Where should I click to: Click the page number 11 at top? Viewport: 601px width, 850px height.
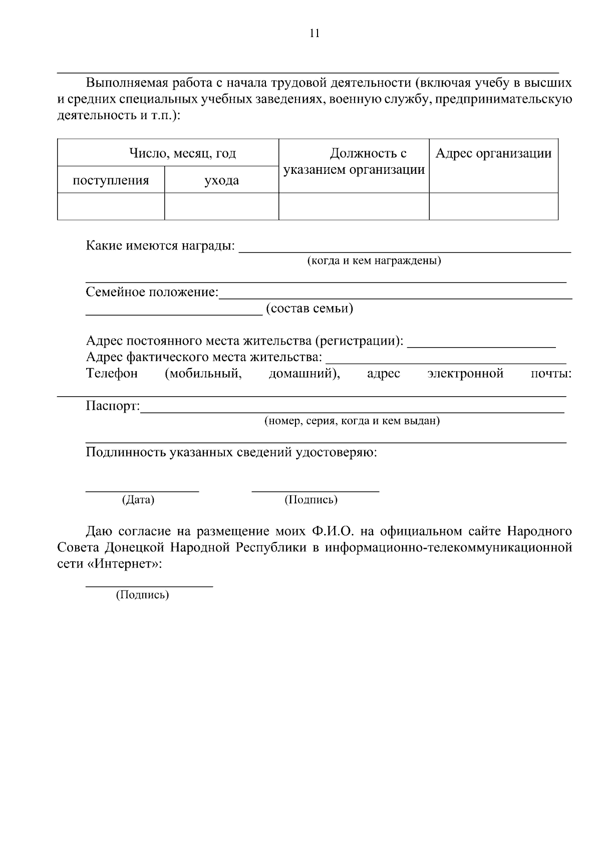(x=315, y=34)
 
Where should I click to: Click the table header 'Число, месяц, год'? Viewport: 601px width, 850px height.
(x=182, y=153)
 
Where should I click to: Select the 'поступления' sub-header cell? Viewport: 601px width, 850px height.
(x=111, y=180)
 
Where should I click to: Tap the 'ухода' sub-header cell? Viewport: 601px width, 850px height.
(x=221, y=180)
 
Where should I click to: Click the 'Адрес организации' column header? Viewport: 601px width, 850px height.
(x=493, y=153)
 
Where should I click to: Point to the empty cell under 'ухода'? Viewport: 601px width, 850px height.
(x=221, y=206)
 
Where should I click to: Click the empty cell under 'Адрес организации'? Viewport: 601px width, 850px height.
(x=493, y=206)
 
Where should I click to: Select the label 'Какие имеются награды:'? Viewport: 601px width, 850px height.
(x=160, y=246)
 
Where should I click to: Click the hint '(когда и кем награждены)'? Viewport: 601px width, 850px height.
(x=374, y=261)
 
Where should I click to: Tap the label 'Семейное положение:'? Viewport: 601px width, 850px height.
(x=152, y=292)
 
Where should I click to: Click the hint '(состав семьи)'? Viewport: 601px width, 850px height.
(x=310, y=309)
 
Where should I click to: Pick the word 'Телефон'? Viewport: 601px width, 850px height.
(x=112, y=373)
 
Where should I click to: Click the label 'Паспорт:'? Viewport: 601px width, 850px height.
(x=113, y=406)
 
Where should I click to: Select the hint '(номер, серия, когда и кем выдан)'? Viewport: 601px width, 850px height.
(x=352, y=421)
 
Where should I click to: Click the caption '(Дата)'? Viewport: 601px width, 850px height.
(x=138, y=500)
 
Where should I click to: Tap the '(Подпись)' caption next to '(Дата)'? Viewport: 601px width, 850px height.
(x=311, y=500)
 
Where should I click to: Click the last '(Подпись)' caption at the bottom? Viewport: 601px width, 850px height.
(x=143, y=595)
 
